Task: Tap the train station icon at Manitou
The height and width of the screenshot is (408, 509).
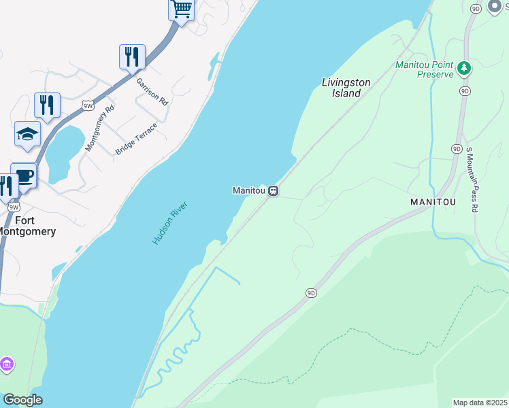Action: pyautogui.click(x=274, y=190)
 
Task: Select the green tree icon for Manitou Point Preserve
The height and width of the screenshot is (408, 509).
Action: pyautogui.click(x=464, y=67)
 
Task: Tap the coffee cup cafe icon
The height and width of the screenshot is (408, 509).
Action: pyautogui.click(x=24, y=175)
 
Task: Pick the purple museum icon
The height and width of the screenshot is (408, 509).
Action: pyautogui.click(x=7, y=365)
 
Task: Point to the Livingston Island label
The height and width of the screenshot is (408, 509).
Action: pyautogui.click(x=346, y=88)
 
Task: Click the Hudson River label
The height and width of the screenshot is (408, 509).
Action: pyautogui.click(x=169, y=223)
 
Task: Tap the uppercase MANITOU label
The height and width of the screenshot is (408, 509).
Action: pyautogui.click(x=433, y=203)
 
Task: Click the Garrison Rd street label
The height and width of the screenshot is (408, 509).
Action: pyautogui.click(x=152, y=90)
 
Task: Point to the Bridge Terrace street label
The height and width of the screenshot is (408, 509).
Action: pyautogui.click(x=136, y=139)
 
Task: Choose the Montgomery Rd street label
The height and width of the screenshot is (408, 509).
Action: pyautogui.click(x=99, y=128)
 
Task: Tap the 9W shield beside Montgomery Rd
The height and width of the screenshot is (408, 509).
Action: pyautogui.click(x=87, y=105)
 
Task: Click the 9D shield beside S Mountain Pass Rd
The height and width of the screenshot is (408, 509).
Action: pyautogui.click(x=457, y=148)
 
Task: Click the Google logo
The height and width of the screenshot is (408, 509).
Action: pyautogui.click(x=22, y=400)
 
